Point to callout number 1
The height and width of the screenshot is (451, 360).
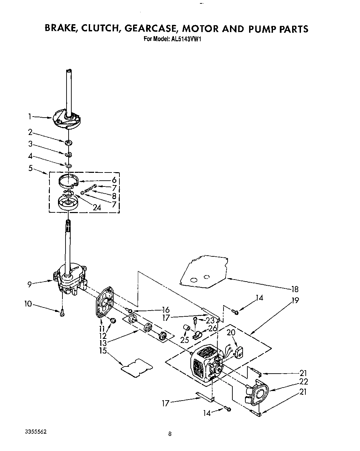point(30,117)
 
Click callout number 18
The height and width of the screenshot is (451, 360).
point(294,289)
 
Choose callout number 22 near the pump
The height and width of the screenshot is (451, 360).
point(303,381)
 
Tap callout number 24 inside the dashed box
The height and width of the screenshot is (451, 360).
point(97,207)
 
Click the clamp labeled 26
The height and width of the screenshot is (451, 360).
point(197,336)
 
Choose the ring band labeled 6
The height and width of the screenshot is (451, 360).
point(68,181)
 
